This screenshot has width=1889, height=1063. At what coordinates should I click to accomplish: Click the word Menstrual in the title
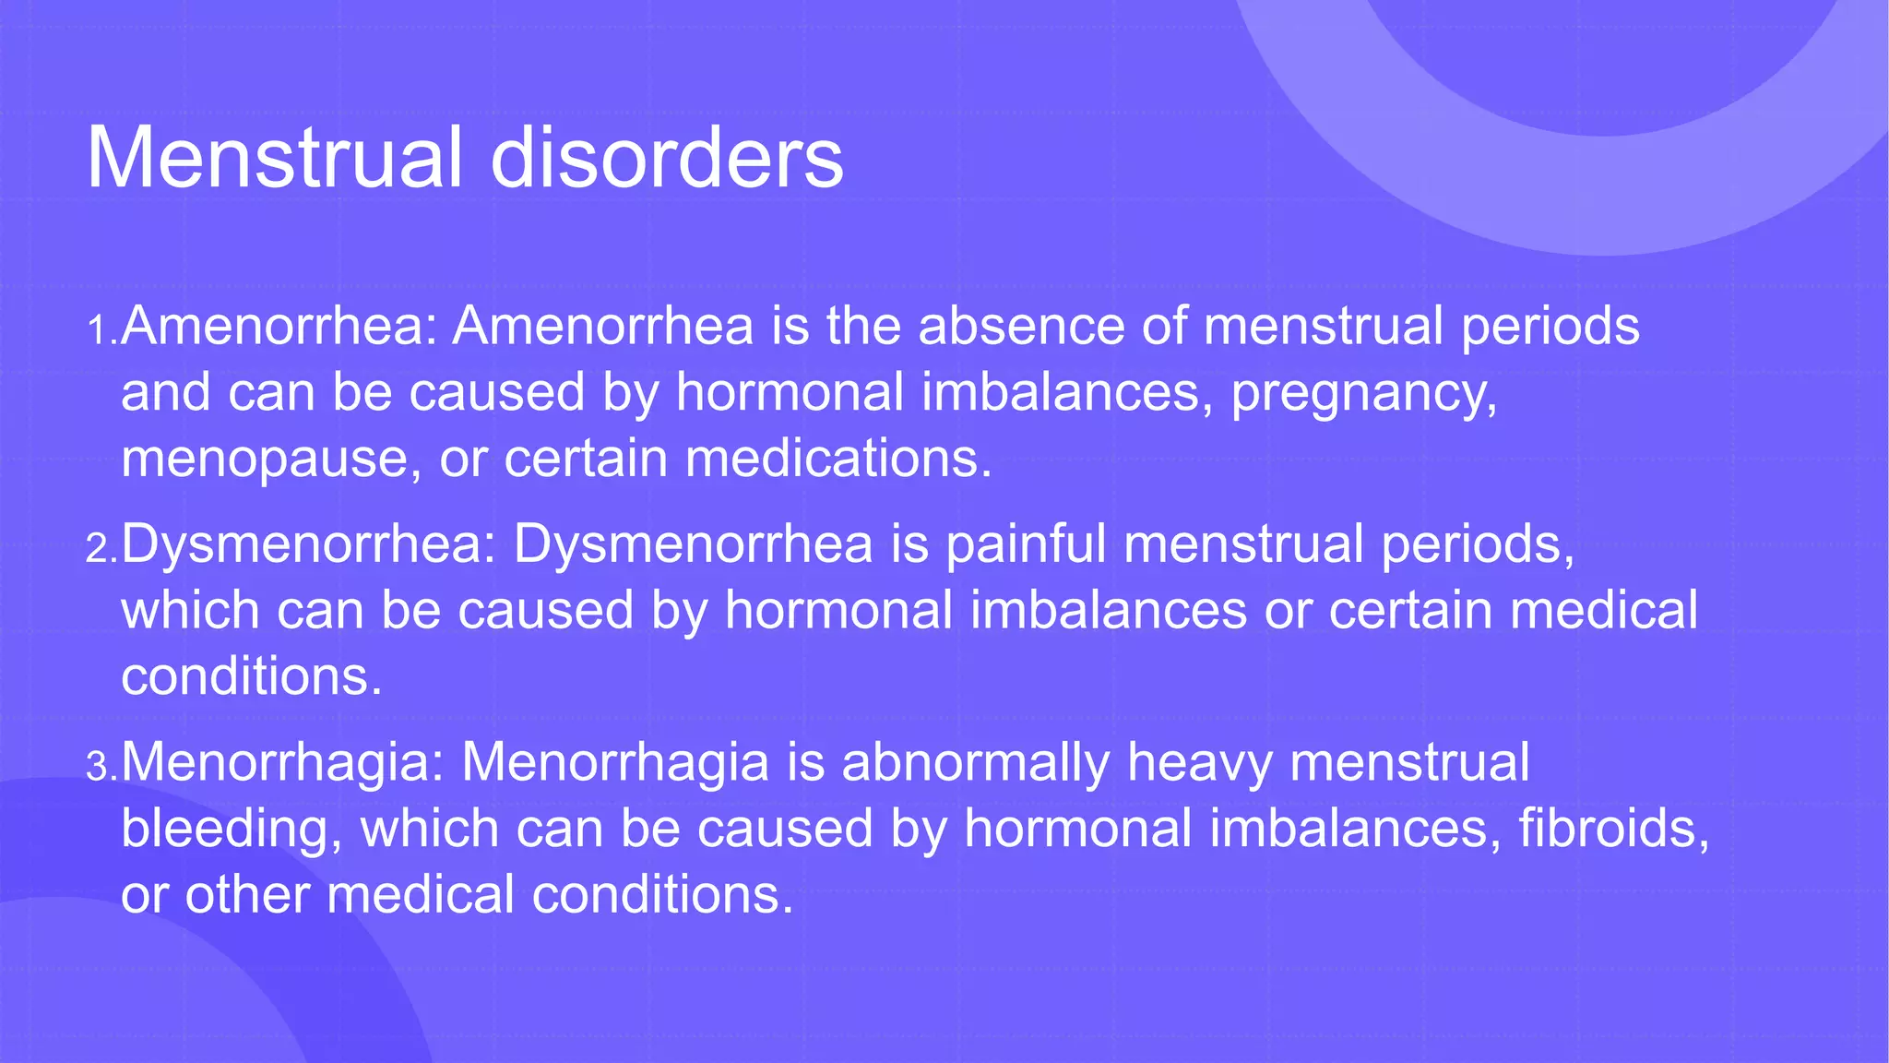coord(275,158)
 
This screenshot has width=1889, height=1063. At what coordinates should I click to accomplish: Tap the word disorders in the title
coord(666,158)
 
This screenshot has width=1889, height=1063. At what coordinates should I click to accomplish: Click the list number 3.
coord(100,767)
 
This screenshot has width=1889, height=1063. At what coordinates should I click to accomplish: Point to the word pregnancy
coord(1363,393)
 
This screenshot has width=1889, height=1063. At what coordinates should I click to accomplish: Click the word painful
coord(1026,543)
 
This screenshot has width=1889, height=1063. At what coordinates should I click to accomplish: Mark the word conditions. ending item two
coord(251,676)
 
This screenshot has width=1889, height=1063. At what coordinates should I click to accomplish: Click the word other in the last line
coord(246,894)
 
